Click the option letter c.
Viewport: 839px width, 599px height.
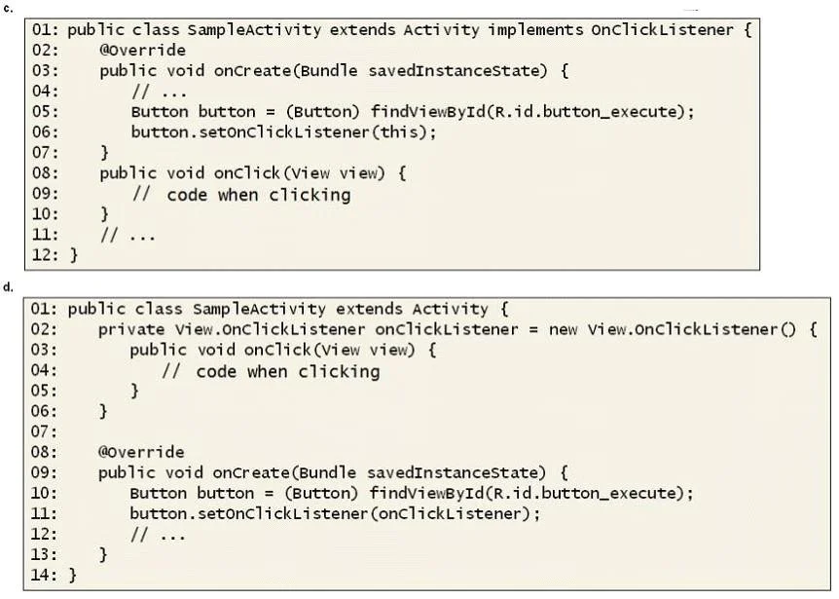click(x=7, y=9)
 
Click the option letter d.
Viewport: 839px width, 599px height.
click(x=7, y=287)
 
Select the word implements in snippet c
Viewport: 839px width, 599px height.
click(x=535, y=31)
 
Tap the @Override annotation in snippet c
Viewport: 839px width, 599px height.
click(x=142, y=51)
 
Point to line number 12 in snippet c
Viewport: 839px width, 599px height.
click(x=45, y=254)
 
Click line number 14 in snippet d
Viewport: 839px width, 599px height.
click(x=44, y=575)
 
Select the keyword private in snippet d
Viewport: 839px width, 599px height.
click(x=131, y=329)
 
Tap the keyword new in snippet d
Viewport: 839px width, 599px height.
click(x=563, y=329)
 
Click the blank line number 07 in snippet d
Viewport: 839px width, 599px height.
click(x=44, y=431)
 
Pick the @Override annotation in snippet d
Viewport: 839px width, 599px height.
click(x=141, y=452)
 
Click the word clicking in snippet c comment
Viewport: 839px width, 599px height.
click(x=310, y=195)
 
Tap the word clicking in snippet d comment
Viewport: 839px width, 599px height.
click(x=340, y=371)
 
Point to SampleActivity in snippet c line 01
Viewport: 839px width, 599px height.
click(x=254, y=30)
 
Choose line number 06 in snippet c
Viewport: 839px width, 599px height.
click(x=45, y=131)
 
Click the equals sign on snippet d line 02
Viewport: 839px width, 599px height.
click(x=533, y=330)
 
